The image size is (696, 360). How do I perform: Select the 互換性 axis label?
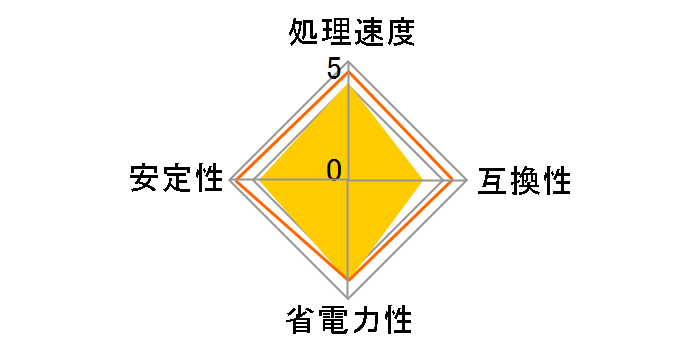pos(525,181)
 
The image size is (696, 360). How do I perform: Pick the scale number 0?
pos(335,170)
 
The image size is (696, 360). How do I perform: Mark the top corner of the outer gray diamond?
pos(348,62)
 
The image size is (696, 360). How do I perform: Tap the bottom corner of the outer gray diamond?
pos(348,299)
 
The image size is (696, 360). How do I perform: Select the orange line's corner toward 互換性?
pos(455,181)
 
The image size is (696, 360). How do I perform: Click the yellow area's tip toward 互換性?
pos(422,181)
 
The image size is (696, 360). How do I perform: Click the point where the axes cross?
pos(348,181)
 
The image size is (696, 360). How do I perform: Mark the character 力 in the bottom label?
pos(365,322)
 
